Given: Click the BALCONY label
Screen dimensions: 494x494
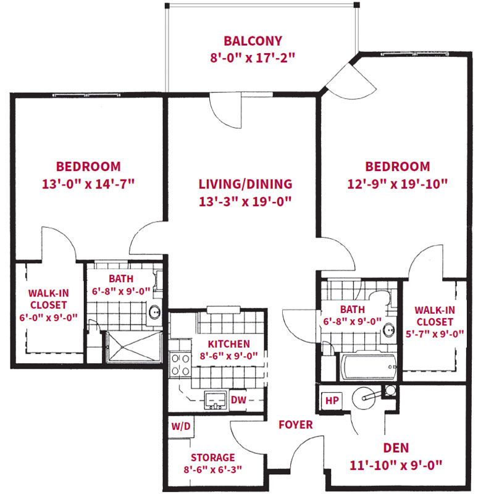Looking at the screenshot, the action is (253, 41).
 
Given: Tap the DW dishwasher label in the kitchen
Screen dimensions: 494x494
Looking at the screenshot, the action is (238, 400).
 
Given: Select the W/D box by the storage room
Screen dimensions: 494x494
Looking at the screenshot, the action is (181, 427).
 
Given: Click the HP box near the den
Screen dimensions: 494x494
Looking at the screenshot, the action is (332, 400).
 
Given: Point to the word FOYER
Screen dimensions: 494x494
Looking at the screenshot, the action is (296, 425).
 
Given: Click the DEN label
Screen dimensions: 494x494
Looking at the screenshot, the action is (396, 448).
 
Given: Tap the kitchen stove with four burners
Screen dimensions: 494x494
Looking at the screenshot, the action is (180, 364).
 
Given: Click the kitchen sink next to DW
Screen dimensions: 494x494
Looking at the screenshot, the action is (215, 400).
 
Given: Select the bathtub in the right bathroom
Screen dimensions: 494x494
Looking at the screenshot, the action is (369, 367).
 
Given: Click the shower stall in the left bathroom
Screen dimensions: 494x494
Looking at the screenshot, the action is (134, 347).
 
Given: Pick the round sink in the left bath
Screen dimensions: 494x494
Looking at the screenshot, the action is (155, 312).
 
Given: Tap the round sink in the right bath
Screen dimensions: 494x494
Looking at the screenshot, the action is (390, 330).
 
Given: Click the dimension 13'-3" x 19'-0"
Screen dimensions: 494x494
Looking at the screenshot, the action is (245, 202).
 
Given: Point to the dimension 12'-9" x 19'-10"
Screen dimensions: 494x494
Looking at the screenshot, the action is (397, 184).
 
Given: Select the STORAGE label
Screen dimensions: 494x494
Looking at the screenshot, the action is (212, 458).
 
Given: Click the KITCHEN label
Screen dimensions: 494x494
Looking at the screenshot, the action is (228, 344).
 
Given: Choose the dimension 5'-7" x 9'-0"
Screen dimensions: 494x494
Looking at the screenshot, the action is (435, 333).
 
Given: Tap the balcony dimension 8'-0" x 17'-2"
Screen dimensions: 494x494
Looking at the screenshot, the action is (253, 58).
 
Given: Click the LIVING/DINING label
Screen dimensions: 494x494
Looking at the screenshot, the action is (245, 184).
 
